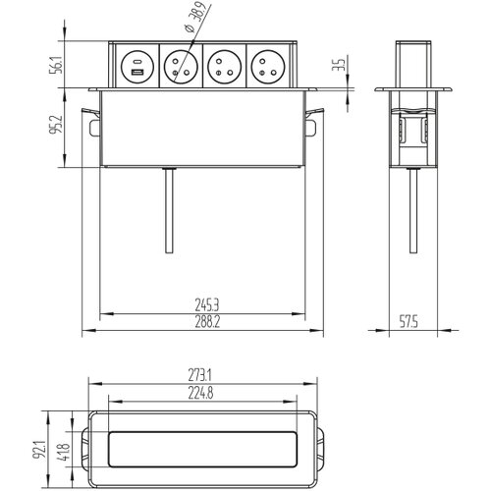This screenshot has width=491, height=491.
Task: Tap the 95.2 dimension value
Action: click(x=56, y=124)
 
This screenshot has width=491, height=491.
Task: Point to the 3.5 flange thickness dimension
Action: click(x=340, y=65)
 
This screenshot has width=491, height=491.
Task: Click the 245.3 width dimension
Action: click(x=207, y=305)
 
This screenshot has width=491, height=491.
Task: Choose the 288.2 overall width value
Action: click(x=207, y=322)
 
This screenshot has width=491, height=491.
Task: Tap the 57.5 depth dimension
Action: click(x=409, y=322)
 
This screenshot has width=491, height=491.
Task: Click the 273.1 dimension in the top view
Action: click(x=199, y=375)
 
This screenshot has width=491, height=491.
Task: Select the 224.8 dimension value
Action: click(x=200, y=393)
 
